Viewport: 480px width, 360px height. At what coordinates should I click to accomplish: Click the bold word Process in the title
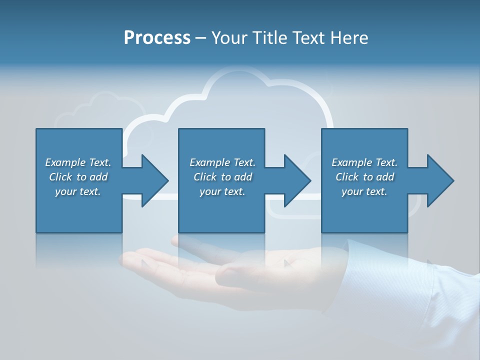157,38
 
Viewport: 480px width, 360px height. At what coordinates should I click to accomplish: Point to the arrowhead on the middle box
296,180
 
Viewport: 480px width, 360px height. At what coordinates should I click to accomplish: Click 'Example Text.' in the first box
78,162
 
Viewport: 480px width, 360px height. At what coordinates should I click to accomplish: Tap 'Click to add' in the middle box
222,177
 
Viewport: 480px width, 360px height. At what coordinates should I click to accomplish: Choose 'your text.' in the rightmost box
364,191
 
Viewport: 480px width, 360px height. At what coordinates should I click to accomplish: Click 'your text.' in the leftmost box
78,191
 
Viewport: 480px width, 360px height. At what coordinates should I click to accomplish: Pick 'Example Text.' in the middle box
222,162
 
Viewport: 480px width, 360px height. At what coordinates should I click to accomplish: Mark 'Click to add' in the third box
364,177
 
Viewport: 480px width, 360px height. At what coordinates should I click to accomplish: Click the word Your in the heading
229,38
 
